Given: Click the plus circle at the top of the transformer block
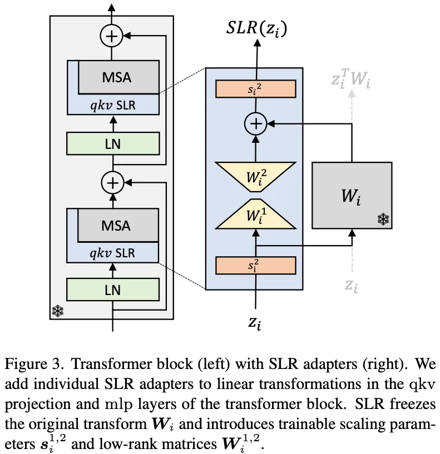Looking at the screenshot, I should (112, 36).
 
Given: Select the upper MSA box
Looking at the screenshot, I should (117, 76).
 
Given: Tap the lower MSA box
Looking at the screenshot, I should (117, 225).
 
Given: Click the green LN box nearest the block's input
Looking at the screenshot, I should (112, 290).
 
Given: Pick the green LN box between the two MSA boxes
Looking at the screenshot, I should (112, 143).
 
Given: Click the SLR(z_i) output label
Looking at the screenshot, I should (256, 28).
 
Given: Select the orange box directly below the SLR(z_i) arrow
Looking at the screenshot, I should (256, 89).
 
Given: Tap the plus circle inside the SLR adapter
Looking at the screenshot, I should (256, 125).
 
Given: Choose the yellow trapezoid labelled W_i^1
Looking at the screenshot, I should (256, 214).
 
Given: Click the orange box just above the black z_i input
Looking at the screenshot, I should (256, 266).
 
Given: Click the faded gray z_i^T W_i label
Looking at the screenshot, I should (351, 80).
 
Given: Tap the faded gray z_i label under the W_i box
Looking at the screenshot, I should (351, 285).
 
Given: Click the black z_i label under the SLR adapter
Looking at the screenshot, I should (255, 321).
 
